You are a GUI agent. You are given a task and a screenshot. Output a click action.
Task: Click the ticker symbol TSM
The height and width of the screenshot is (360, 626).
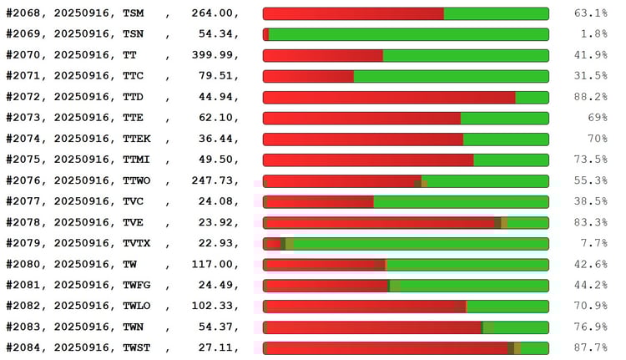[x=133, y=13]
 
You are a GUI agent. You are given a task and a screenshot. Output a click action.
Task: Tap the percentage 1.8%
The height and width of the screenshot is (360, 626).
[x=593, y=34]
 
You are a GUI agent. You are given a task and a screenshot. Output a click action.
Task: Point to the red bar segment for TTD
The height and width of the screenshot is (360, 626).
[x=389, y=97]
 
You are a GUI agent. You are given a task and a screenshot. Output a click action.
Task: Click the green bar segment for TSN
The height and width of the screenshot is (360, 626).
[x=408, y=34]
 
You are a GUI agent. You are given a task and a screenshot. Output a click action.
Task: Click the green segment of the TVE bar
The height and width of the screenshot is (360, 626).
[x=528, y=222]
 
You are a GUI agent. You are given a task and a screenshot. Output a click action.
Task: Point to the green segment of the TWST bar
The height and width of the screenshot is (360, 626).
[x=534, y=347]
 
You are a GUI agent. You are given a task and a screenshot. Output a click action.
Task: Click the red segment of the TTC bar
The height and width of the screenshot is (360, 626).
[x=308, y=76]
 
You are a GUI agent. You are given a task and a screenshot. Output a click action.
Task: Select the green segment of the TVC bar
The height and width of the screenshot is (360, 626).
[x=461, y=201]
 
